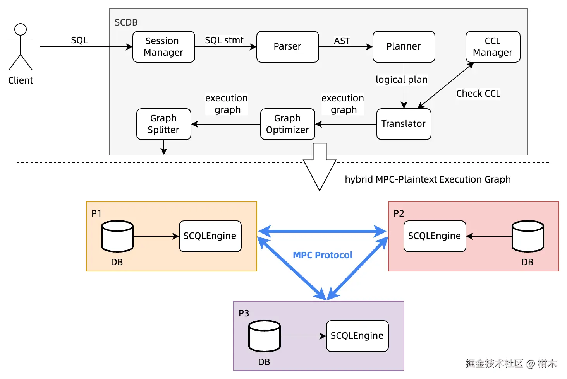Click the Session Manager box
pos(163,47)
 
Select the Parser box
pos(287,47)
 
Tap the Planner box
pos(404,47)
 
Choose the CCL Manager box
pos(493,47)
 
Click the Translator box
pos(404,124)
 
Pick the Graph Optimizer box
pos(287,124)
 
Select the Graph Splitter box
pos(163,124)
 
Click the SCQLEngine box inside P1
pos(210,236)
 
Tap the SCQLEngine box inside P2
pos(435,236)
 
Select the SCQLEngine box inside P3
pos(357,336)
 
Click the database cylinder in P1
pos(117,236)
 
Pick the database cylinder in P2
pos(527,236)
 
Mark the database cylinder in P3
pos(264,336)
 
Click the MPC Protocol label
pos(323,255)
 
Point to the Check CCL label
pos(478,94)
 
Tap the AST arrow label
pos(342,41)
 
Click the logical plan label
pos(402,80)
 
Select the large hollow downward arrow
pos(320,166)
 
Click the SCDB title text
pos(126,22)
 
